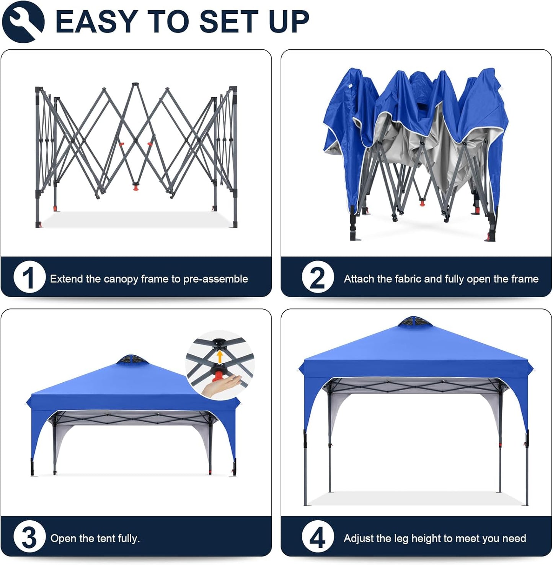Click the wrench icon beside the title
(23, 21)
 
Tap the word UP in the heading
(289, 21)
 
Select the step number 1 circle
(29, 277)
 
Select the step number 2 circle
(317, 277)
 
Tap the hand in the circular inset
(222, 385)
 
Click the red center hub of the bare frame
(135, 187)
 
